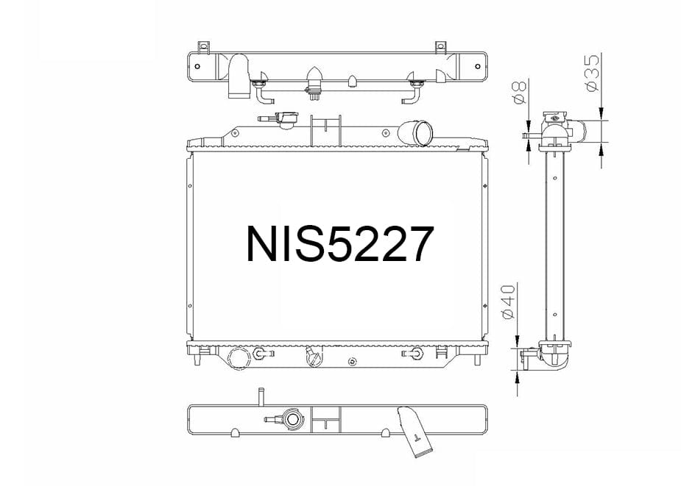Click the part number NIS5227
pyautogui.click(x=339, y=244)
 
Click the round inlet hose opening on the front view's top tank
pyautogui.click(x=422, y=134)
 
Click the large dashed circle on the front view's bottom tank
pyautogui.click(x=240, y=357)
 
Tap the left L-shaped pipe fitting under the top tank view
pyautogui.click(x=262, y=92)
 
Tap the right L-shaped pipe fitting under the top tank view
pyautogui.click(x=414, y=92)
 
